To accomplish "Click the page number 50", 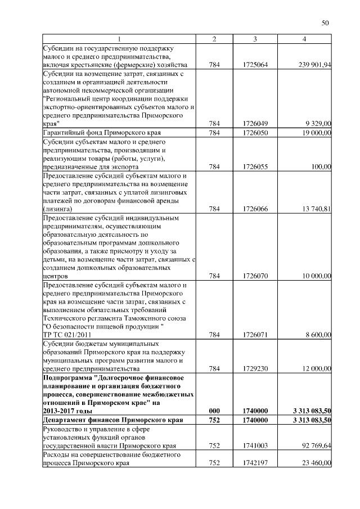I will click(325, 23).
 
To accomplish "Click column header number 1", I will click(119, 39).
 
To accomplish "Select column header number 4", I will click(304, 39).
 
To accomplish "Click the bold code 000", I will click(214, 411).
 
